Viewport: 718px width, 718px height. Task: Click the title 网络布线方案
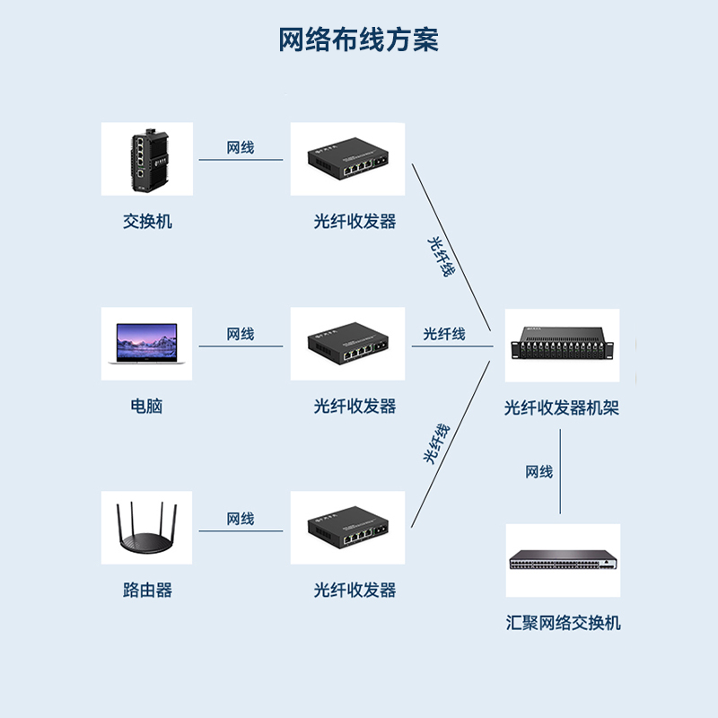(x=358, y=40)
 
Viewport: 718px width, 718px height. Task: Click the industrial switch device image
(x=145, y=160)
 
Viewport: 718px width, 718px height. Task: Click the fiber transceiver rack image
(x=563, y=345)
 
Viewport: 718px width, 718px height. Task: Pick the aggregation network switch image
(x=563, y=561)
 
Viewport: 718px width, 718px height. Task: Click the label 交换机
(x=147, y=221)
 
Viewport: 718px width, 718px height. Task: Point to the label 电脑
(x=147, y=406)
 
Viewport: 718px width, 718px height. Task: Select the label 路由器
(x=147, y=590)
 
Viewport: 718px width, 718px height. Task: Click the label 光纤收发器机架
(x=562, y=408)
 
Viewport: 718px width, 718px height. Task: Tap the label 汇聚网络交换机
(x=563, y=623)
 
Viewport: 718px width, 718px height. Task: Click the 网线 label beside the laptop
(x=241, y=334)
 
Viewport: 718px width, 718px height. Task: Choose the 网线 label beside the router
(x=241, y=519)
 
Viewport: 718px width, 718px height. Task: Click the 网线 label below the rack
(x=539, y=472)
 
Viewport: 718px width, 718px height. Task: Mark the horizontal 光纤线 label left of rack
(x=444, y=334)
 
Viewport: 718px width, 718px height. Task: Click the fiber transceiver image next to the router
(x=347, y=528)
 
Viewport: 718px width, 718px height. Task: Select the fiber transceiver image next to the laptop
(x=347, y=344)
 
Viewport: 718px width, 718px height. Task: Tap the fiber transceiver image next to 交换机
(x=347, y=160)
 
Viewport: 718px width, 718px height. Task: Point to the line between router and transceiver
(x=241, y=531)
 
